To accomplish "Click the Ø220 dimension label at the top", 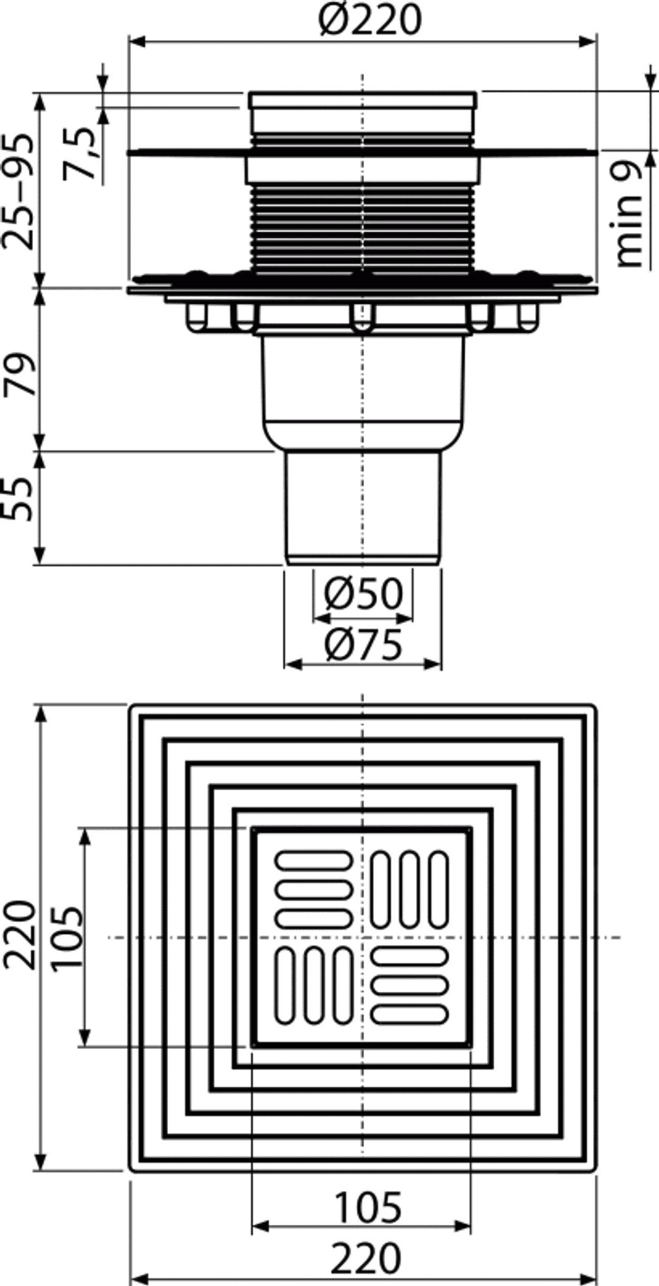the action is [370, 19].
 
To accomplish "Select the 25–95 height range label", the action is [18, 191].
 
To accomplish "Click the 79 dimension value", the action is [19, 376].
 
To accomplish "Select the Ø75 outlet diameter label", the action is [363, 644].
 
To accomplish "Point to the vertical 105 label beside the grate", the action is [67, 938].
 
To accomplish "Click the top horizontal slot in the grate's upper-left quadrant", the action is [314, 861].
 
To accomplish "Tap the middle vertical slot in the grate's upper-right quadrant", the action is [409, 890].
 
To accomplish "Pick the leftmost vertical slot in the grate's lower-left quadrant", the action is [285, 985].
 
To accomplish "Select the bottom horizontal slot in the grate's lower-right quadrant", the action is [409, 1014].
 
